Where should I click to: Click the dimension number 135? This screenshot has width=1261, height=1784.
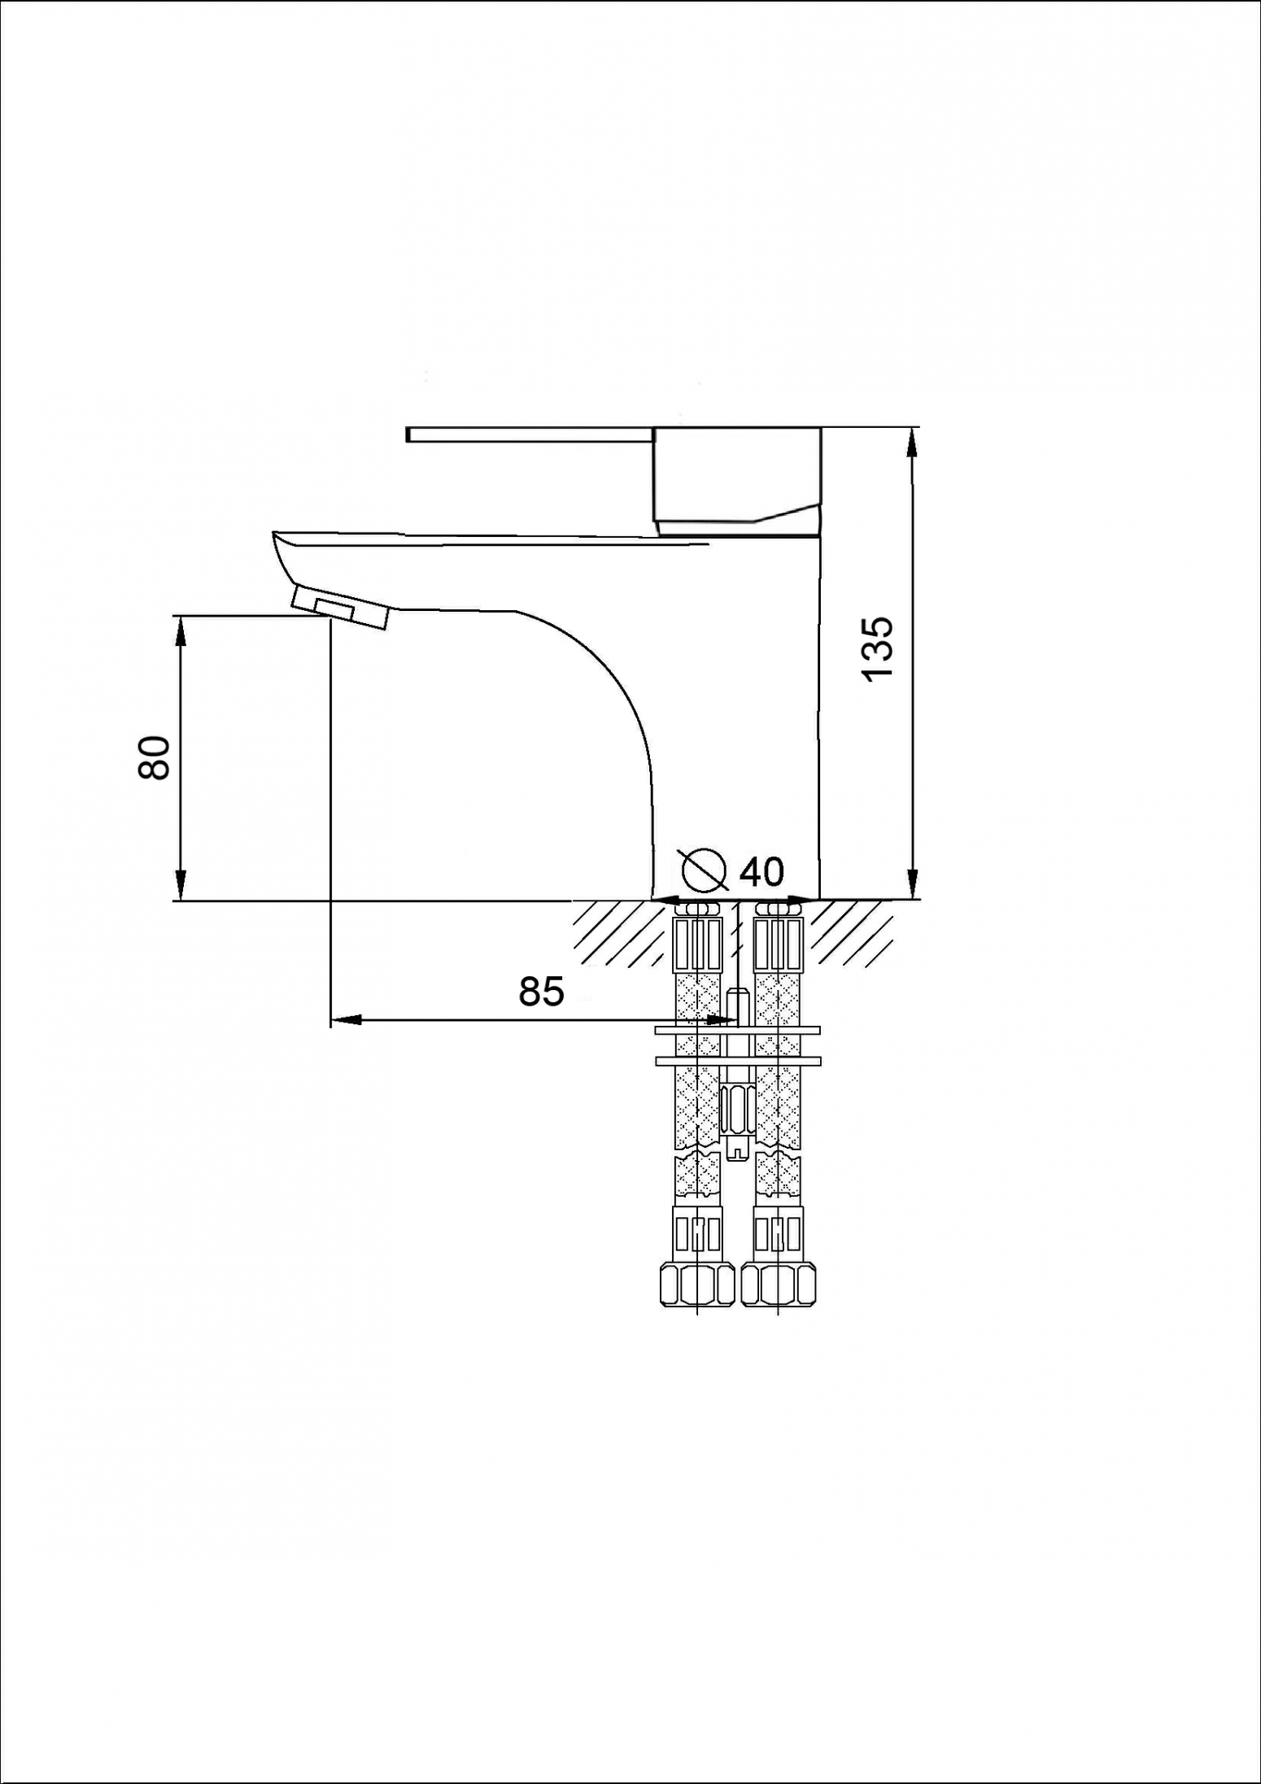coord(878,649)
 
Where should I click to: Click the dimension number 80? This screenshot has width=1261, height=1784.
coord(154,757)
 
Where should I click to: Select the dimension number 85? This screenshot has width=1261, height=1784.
coord(541,992)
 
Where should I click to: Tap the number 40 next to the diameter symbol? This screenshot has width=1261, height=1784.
coord(761,871)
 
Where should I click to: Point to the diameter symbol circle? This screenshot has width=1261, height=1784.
coord(705,870)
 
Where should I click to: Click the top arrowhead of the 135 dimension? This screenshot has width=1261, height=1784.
coord(912,443)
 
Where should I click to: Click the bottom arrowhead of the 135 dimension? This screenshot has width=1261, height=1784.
coord(913,883)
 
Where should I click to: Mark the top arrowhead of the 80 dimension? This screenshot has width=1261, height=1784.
coord(180,631)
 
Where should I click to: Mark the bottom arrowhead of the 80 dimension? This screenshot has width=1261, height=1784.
coord(180,885)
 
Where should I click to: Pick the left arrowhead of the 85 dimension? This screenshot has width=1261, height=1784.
coord(346,1019)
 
